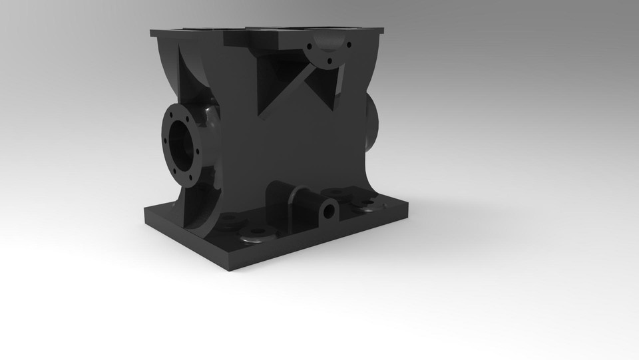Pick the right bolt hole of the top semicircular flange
(347, 45)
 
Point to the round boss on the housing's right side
(371, 120)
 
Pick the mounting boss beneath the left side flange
(229, 219)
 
